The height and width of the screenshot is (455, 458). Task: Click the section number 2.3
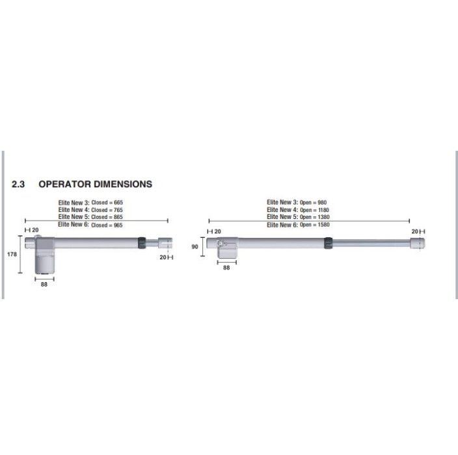pyautogui.click(x=18, y=184)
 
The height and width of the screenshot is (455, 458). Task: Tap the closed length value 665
pyautogui.click(x=118, y=203)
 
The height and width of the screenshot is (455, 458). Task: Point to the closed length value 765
pyautogui.click(x=118, y=210)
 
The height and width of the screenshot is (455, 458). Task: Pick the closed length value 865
pyautogui.click(x=118, y=217)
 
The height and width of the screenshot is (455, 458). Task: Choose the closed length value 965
pyautogui.click(x=118, y=226)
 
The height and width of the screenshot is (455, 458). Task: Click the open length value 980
pyautogui.click(x=322, y=203)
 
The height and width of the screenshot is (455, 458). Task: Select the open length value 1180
pyautogui.click(x=323, y=210)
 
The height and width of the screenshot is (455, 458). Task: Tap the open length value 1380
pyautogui.click(x=323, y=217)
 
